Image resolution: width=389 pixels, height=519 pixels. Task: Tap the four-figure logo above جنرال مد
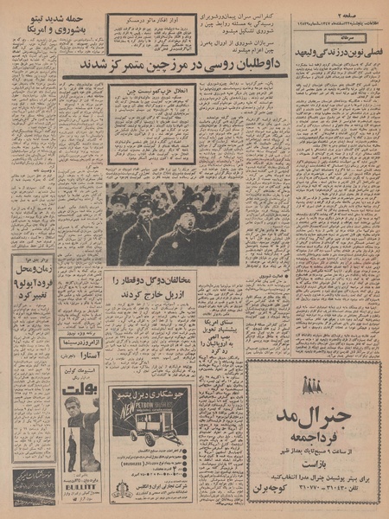pos(312,385)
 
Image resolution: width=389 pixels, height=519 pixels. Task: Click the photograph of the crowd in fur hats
pos(172,223)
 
